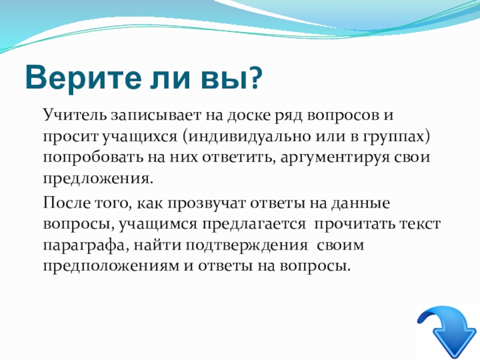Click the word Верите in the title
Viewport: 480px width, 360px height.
[x=83, y=77]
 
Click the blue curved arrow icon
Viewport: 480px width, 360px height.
[x=447, y=332]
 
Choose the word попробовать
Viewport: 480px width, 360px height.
[x=93, y=158]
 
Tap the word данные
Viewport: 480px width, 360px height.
[x=361, y=203]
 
